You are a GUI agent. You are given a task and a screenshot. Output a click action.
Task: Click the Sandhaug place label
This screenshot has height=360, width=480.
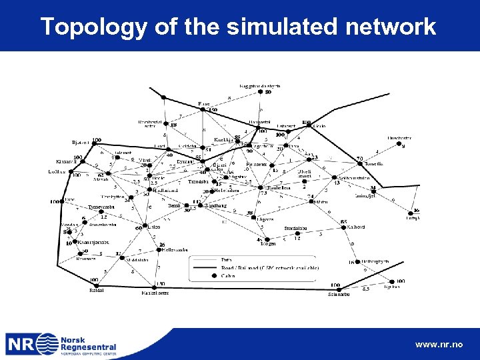tap(216, 207)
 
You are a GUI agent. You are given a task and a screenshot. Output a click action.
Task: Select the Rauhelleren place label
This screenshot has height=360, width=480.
tap(278, 188)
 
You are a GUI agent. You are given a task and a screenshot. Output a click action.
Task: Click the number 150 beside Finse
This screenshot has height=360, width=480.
tap(213, 110)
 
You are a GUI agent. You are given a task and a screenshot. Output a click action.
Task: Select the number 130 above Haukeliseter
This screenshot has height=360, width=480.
tap(160, 282)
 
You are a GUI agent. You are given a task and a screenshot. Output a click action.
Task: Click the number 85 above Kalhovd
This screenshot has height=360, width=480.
tap(343, 221)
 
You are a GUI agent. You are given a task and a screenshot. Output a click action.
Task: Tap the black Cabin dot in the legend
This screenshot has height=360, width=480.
tap(200, 274)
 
